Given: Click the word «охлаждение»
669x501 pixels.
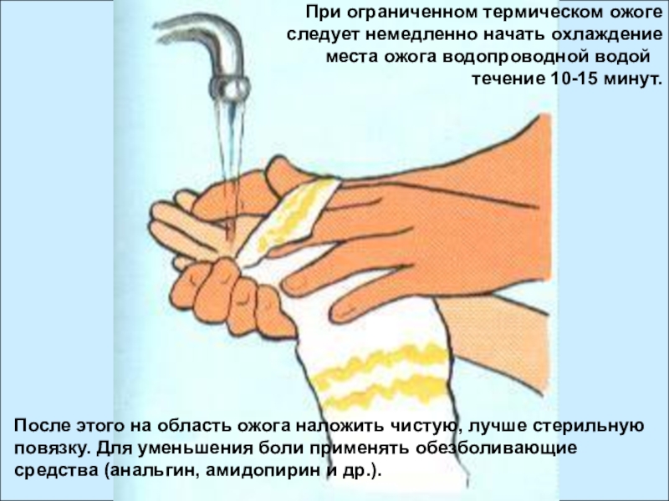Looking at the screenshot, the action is point(607,35).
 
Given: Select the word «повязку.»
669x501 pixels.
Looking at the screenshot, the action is point(53,448).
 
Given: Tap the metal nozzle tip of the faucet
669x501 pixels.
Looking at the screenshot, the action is point(228,88).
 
